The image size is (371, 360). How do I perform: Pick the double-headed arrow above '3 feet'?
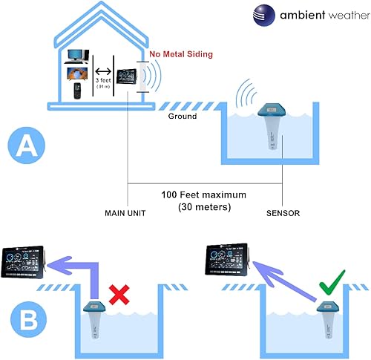103,71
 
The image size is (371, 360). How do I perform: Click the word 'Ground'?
182,117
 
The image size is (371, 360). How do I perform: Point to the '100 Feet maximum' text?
204,195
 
